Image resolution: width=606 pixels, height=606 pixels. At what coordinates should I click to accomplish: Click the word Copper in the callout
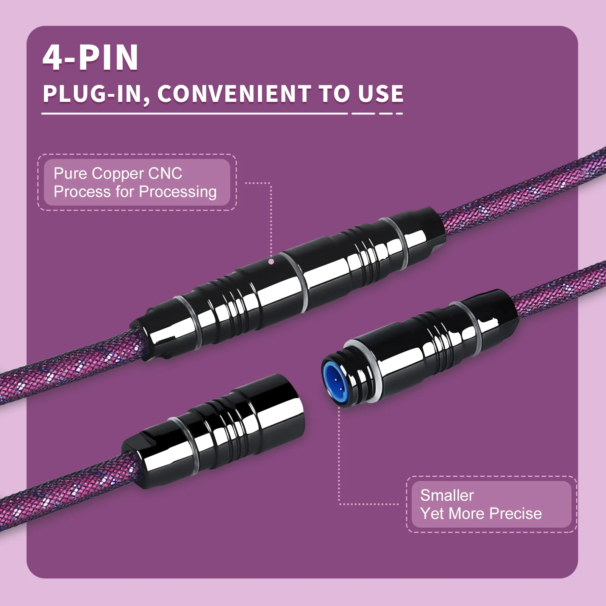click(x=118, y=174)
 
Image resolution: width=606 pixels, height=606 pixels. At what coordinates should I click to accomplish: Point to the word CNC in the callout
click(x=165, y=173)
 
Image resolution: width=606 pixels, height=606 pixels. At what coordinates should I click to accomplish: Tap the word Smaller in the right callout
click(x=447, y=495)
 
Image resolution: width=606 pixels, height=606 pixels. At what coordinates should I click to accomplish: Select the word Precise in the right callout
click(x=515, y=514)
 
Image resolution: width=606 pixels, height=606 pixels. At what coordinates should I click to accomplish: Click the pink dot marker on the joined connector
click(x=271, y=261)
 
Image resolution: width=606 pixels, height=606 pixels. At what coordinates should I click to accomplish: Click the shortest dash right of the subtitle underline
click(x=399, y=113)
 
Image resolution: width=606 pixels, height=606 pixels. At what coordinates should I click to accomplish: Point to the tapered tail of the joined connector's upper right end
click(x=430, y=223)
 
